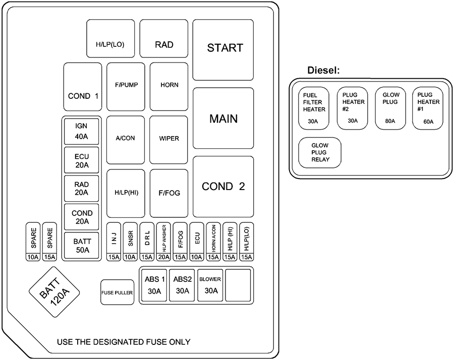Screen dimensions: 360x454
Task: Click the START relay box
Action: point(223,49)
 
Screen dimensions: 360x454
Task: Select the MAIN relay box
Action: point(223,118)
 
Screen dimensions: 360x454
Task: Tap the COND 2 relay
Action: point(223,186)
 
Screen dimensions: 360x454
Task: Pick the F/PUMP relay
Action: point(126,86)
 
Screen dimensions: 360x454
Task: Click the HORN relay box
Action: point(169,86)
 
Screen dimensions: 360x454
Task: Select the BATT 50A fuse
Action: point(82,246)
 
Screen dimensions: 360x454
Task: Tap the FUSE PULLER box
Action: point(117,292)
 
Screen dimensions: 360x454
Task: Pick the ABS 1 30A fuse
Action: point(154,285)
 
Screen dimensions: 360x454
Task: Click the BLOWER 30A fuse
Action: point(211,285)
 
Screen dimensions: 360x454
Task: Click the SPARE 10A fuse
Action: point(33,242)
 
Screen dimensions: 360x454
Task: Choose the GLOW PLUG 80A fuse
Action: point(390,108)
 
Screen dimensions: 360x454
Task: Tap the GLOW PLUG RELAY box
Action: point(320,152)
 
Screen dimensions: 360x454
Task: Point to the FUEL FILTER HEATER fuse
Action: point(314,108)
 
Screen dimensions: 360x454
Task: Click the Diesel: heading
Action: point(323,71)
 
